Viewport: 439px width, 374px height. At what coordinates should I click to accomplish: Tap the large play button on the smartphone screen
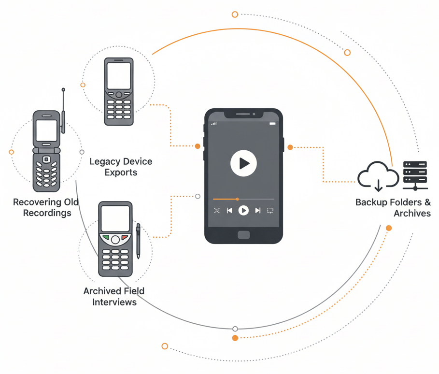pyautogui.click(x=243, y=163)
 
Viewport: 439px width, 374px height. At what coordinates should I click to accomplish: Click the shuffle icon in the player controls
pyautogui.click(x=217, y=211)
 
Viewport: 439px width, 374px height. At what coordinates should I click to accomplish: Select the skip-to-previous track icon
pyautogui.click(x=229, y=211)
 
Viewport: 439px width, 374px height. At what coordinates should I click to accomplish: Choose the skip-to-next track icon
pyautogui.click(x=258, y=211)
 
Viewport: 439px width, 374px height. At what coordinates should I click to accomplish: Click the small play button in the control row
pyautogui.click(x=244, y=211)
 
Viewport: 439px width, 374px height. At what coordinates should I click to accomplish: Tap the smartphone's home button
pyautogui.click(x=244, y=235)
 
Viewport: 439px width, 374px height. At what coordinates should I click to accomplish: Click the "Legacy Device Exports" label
pyautogui.click(x=121, y=167)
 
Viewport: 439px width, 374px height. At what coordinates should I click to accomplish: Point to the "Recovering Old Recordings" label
pyautogui.click(x=46, y=207)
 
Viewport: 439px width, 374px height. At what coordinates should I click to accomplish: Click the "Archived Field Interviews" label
pyautogui.click(x=114, y=296)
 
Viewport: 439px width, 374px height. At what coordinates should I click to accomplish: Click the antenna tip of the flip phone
pyautogui.click(x=63, y=90)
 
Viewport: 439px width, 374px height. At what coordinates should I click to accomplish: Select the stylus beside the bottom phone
pyautogui.click(x=138, y=241)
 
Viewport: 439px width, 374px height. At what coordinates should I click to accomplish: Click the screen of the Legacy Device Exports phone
pyautogui.click(x=119, y=76)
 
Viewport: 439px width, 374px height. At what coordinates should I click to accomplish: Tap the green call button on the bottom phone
pyautogui.click(x=105, y=238)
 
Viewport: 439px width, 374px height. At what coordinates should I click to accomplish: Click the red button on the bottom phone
pyautogui.click(x=125, y=238)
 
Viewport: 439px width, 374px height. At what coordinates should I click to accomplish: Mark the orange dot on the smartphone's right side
pyautogui.click(x=290, y=147)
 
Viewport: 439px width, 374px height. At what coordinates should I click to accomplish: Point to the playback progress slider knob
pyautogui.click(x=237, y=199)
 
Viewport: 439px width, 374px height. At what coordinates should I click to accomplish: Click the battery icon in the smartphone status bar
pyautogui.click(x=272, y=124)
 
